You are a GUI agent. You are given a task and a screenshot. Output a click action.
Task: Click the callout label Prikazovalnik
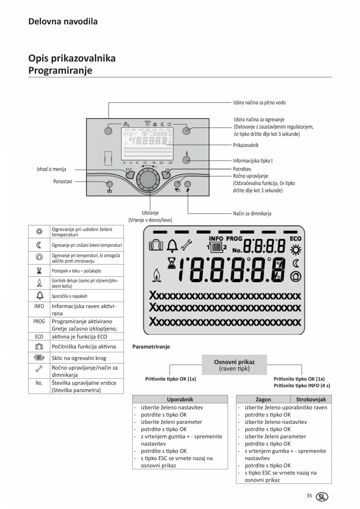(246, 145)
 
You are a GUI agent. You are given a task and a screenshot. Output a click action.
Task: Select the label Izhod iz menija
(51, 169)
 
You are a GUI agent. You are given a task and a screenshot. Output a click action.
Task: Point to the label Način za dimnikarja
(252, 214)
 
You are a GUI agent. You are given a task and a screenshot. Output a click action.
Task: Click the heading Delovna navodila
(63, 22)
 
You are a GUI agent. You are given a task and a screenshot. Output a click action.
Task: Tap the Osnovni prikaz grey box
(234, 365)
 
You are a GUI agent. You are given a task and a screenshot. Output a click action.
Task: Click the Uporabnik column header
(180, 399)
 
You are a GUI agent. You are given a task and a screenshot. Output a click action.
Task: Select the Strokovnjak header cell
(311, 399)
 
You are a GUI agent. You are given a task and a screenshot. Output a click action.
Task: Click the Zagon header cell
(263, 399)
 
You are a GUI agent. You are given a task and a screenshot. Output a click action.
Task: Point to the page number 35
(309, 496)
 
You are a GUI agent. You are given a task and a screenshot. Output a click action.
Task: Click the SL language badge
(322, 497)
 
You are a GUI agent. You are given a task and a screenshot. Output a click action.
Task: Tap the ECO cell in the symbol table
(39, 336)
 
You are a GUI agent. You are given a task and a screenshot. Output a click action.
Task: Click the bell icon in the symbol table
(39, 296)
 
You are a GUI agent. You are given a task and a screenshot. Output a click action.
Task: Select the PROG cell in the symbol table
(39, 321)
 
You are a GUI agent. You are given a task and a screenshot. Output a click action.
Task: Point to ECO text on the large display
(295, 238)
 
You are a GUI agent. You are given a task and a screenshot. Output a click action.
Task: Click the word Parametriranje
(151, 347)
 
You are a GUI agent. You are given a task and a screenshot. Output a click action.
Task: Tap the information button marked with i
(186, 160)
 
